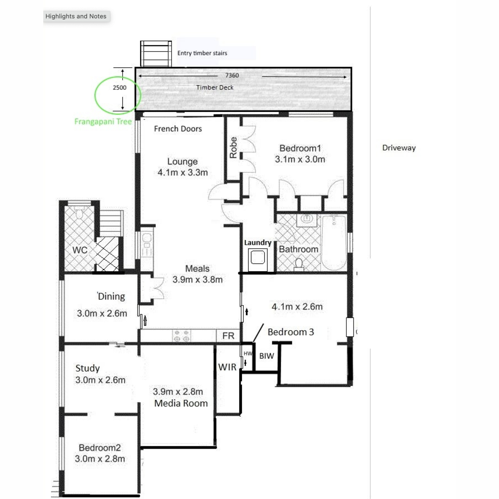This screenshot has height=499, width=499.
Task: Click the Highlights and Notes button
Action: (x=76, y=16)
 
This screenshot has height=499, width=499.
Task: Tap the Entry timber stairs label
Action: (x=202, y=53)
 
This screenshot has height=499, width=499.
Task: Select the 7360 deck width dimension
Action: (x=232, y=75)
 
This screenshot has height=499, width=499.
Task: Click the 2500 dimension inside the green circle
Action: (x=119, y=87)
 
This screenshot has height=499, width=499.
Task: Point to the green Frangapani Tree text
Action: (x=103, y=121)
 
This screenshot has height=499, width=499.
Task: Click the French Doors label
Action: (x=178, y=129)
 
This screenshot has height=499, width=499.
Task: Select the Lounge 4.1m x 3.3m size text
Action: (x=183, y=173)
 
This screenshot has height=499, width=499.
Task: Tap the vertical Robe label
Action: (x=233, y=147)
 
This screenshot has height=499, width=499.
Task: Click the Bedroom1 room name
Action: (x=300, y=148)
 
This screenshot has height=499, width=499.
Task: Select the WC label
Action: (x=80, y=250)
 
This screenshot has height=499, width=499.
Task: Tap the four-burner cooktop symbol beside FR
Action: (x=181, y=336)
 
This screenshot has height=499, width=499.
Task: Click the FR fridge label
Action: (x=228, y=336)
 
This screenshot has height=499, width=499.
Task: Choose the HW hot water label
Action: (x=248, y=353)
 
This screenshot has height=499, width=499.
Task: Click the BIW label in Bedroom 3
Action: (x=267, y=356)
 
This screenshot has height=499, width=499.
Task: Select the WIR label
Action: (x=227, y=367)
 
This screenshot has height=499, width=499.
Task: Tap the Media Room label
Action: (x=181, y=403)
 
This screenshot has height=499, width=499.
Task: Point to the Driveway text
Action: (x=399, y=148)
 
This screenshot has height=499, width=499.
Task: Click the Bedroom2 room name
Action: (x=100, y=448)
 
